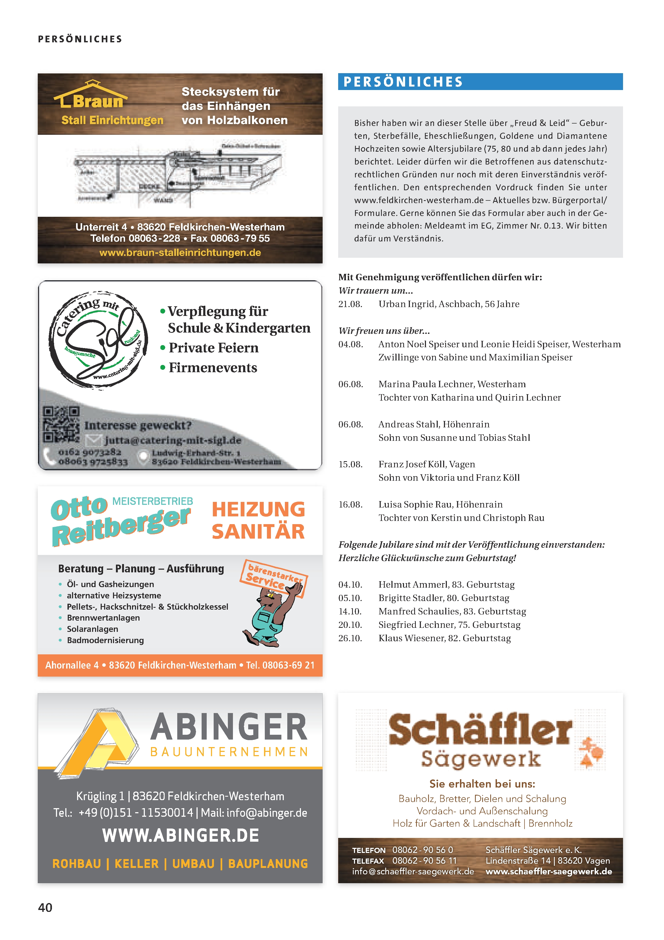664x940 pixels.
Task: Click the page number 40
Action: [45, 907]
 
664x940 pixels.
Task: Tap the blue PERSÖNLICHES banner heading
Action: [403, 82]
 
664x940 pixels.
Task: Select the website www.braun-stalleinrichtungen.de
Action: [180, 253]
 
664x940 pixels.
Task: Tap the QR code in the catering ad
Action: [61, 424]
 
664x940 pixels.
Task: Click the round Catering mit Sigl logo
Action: [98, 340]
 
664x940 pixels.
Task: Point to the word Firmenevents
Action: [213, 368]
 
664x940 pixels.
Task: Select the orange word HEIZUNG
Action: [258, 509]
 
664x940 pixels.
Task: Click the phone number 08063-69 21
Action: [288, 665]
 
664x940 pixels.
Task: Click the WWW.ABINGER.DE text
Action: [180, 835]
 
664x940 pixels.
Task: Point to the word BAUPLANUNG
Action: [268, 864]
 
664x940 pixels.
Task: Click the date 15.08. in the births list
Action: [350, 464]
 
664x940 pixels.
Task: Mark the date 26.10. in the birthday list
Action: [350, 638]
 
